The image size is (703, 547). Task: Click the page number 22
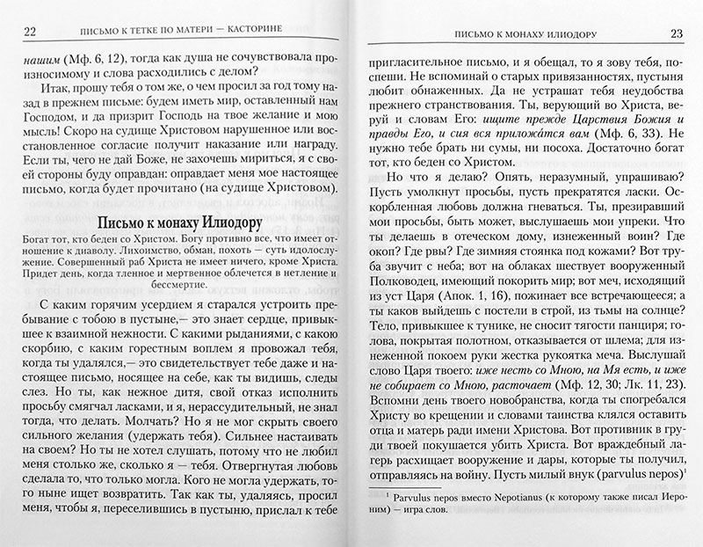[27, 34]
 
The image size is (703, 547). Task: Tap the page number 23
[676, 34]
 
